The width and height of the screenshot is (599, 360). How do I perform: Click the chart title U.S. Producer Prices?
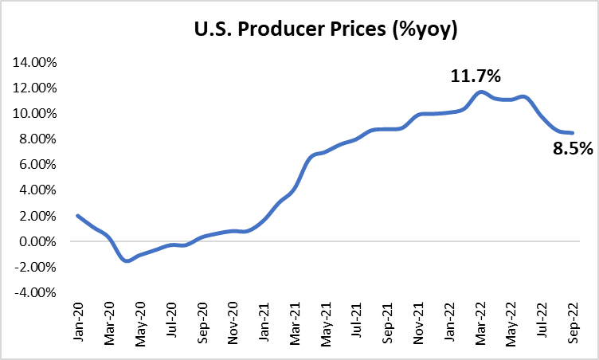(x=299, y=31)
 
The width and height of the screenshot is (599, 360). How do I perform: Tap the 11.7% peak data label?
(x=476, y=77)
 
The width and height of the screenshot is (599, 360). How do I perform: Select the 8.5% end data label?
(x=572, y=148)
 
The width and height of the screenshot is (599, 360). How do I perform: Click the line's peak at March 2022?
(x=480, y=92)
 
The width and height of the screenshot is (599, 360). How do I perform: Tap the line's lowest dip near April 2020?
(x=127, y=260)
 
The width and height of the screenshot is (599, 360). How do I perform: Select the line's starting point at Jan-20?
(x=77, y=216)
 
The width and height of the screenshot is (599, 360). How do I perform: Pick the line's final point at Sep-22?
(x=573, y=133)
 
